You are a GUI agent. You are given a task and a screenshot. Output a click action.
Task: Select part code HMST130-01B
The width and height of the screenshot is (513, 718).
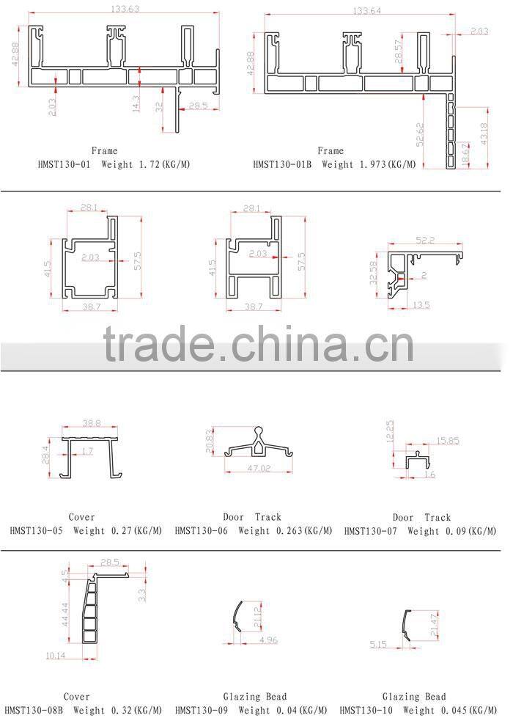(282, 165)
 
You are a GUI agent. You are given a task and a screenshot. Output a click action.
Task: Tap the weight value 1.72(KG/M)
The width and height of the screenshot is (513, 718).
(168, 165)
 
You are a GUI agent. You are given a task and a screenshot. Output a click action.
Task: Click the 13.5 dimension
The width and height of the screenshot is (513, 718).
(420, 304)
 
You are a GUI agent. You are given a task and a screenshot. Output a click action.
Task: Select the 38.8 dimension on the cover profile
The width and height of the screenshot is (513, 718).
(91, 423)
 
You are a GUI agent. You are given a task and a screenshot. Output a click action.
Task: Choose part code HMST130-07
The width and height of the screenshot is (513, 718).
(369, 530)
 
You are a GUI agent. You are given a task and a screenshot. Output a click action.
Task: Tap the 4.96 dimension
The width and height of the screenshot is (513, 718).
(269, 641)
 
